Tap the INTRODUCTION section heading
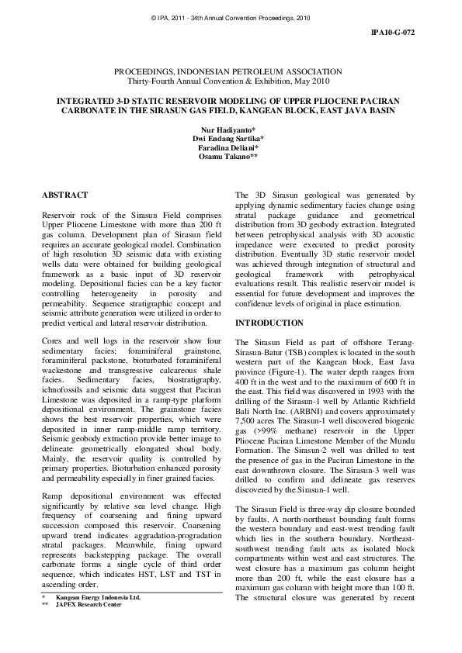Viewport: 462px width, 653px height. point(269,323)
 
